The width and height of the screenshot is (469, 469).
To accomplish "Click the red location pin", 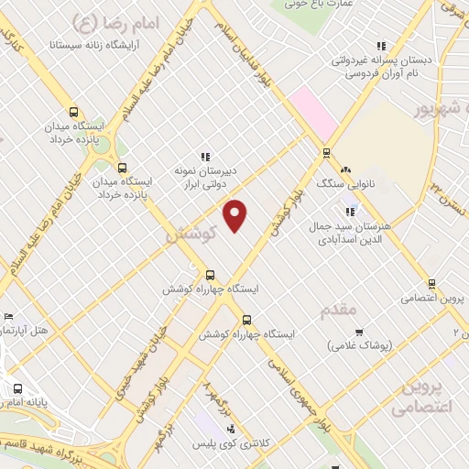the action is [x=236, y=214].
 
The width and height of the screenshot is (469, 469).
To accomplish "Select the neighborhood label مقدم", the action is [x=338, y=311].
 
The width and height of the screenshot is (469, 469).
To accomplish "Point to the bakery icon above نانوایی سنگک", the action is [x=346, y=169].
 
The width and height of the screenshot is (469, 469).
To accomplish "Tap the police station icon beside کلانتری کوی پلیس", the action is [x=230, y=428].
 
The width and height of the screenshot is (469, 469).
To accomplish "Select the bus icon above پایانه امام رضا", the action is [x=17, y=388].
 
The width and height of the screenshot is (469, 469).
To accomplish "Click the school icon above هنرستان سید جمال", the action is [x=351, y=212].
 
